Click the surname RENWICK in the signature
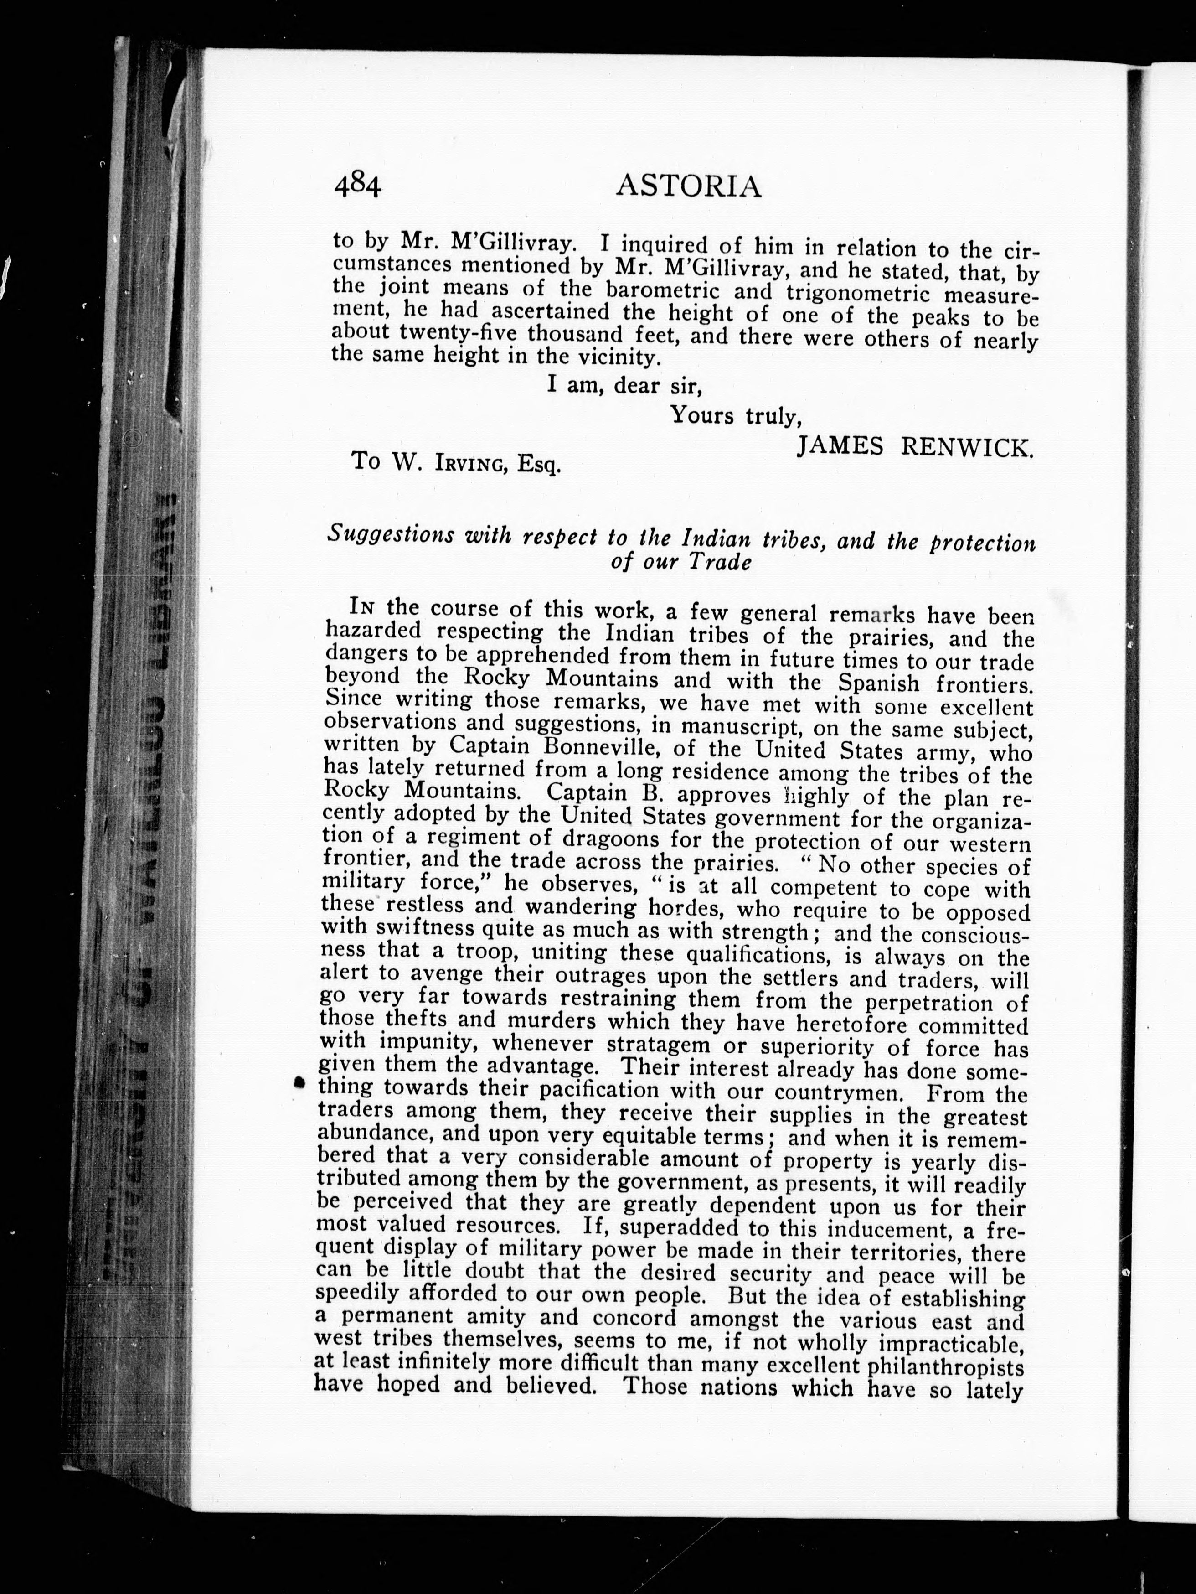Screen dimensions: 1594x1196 pos(968,448)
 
